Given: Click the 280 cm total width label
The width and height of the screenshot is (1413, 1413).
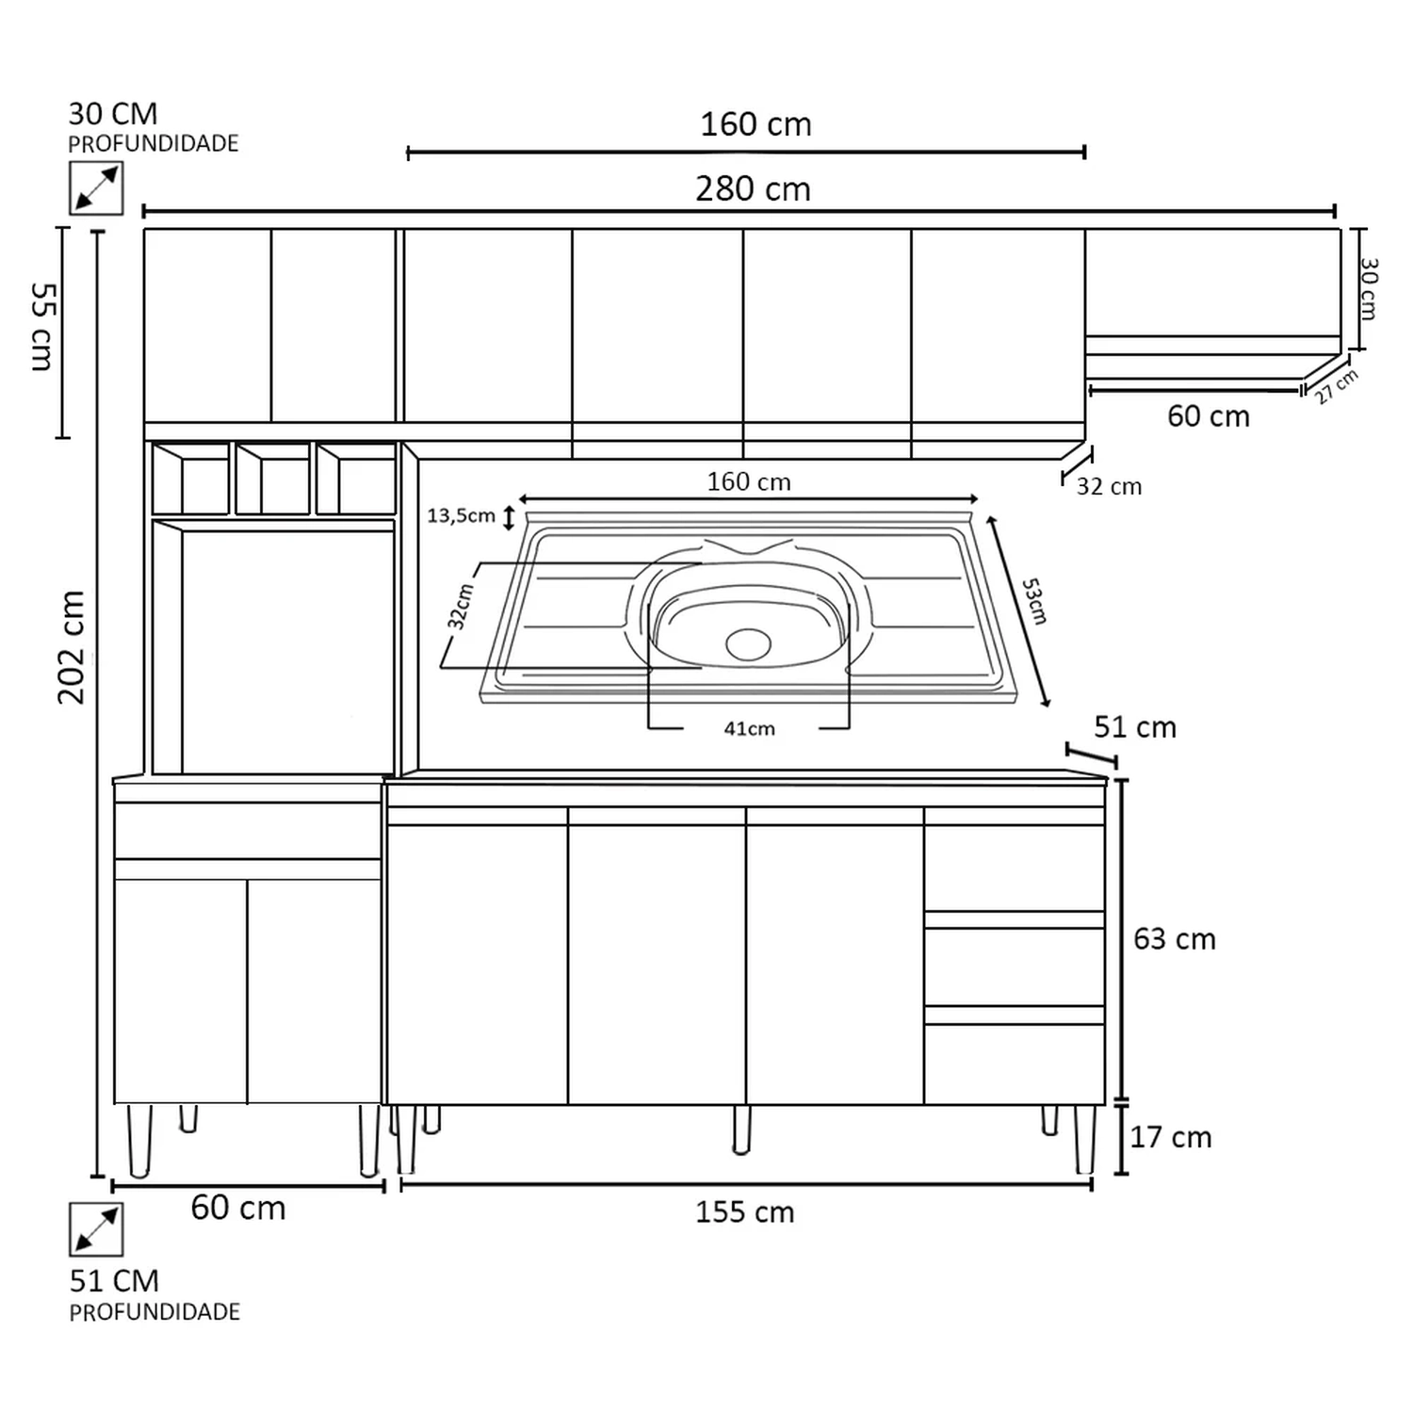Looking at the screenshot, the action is coord(753,189).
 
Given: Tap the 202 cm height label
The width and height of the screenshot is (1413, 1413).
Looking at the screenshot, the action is coord(72,647).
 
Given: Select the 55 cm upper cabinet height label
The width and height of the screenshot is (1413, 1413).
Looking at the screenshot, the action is coord(43,326).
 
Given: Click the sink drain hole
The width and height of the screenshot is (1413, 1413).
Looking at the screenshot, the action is coord(749,643).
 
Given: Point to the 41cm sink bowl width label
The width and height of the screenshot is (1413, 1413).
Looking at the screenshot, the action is coord(749,728).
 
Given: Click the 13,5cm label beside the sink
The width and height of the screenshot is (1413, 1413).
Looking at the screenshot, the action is coord(461,515).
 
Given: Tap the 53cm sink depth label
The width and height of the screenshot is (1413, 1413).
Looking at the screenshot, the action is coord(1034,601).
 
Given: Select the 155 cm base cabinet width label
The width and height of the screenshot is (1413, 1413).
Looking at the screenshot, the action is coord(744,1211).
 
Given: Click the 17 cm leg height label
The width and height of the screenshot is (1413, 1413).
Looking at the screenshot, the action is coord(1170,1137).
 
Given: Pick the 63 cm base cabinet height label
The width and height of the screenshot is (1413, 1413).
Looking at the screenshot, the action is coord(1174,939).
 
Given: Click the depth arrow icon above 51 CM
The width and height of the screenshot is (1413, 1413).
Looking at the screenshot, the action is coord(96,1229).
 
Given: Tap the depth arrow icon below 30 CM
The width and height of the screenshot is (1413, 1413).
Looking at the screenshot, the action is coord(96,188).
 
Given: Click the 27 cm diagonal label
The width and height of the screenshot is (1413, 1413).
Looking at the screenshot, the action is coord(1337,386).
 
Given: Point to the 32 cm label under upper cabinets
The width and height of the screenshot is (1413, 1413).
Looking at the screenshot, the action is coord(1109,486).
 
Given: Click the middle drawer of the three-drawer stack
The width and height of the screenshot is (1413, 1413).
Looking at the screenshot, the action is coord(1015,967).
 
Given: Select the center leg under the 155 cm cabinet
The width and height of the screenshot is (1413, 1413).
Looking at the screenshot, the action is coord(741,1129).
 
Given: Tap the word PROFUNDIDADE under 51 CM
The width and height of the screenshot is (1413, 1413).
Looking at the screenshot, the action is coord(154,1311).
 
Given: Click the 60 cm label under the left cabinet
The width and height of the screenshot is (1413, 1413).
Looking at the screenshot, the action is coord(237,1208).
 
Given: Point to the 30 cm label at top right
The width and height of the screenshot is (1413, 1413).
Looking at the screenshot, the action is coord(1369,289).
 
